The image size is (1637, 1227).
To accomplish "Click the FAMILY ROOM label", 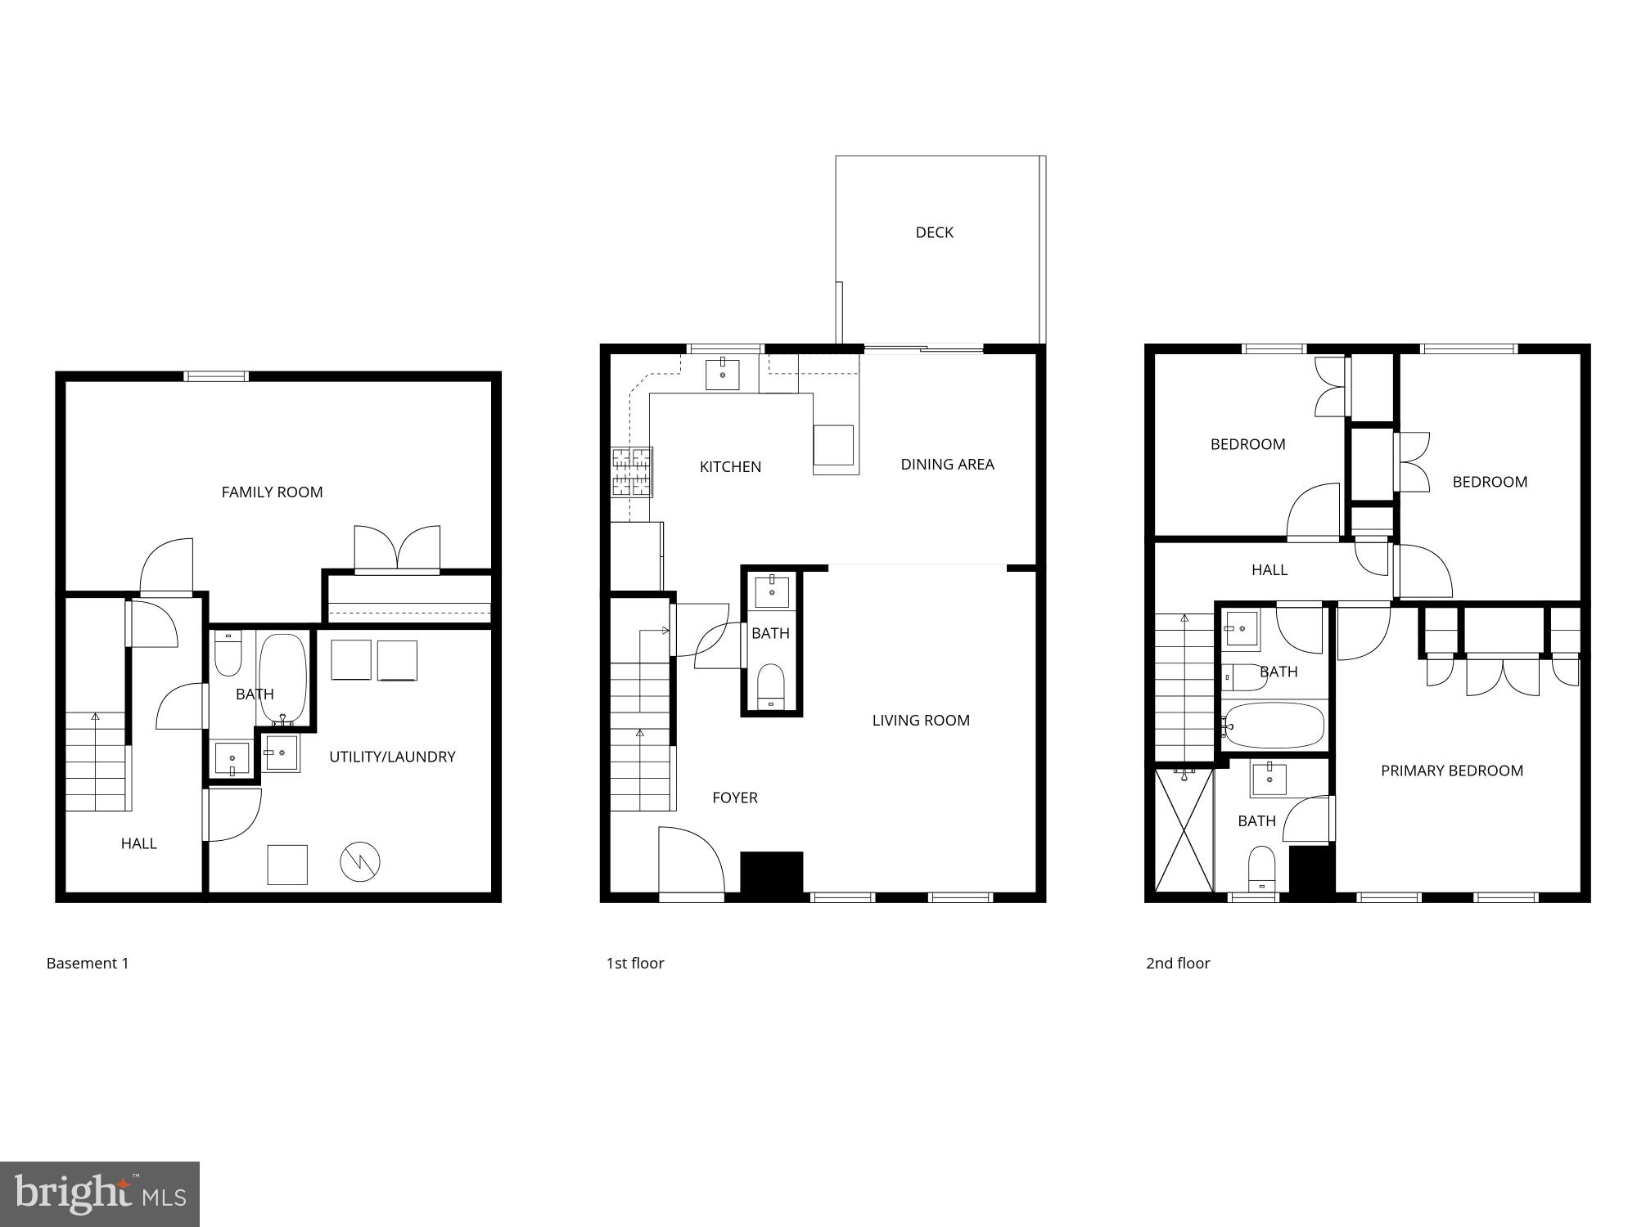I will pyautogui.click(x=272, y=492).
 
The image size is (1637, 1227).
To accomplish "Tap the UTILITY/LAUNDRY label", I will pyautogui.click(x=392, y=757).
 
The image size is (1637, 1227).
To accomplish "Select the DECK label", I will pyautogui.click(x=934, y=232).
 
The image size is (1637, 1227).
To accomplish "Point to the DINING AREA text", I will pyautogui.click(x=947, y=465).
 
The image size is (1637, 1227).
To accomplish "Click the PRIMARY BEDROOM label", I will pyautogui.click(x=1451, y=771).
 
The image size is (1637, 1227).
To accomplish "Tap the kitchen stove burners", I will pyautogui.click(x=632, y=472).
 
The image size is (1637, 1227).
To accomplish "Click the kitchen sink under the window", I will pyautogui.click(x=723, y=375).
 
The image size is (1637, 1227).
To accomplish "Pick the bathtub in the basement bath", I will pyautogui.click(x=283, y=677).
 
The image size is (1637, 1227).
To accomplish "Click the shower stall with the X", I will pyautogui.click(x=1184, y=830).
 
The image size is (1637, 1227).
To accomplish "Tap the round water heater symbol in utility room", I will pyautogui.click(x=360, y=861).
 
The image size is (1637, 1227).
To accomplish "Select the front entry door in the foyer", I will pyautogui.click(x=691, y=863).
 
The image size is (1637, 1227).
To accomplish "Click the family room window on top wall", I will pyautogui.click(x=215, y=376).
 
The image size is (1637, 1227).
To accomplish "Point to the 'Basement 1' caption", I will pyautogui.click(x=88, y=964).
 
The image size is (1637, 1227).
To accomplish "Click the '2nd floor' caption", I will pyautogui.click(x=1178, y=964).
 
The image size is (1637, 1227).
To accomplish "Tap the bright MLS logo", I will pyautogui.click(x=100, y=1194).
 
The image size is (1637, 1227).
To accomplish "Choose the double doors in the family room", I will pyautogui.click(x=397, y=549).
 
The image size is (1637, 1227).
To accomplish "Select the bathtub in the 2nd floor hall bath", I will pyautogui.click(x=1274, y=725).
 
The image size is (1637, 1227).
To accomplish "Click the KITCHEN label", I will pyautogui.click(x=730, y=467).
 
